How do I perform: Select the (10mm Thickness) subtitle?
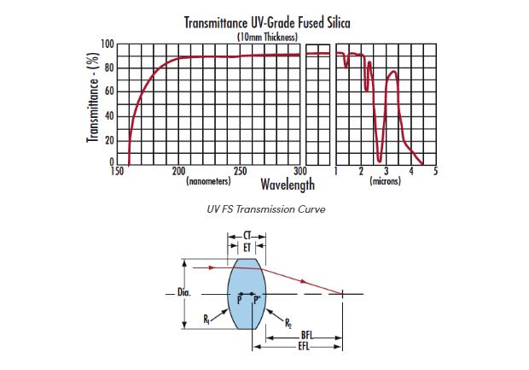coord(267,37)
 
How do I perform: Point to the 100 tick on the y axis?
coord(108,44)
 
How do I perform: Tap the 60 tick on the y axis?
coord(110,91)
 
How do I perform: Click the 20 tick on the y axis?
coord(110,139)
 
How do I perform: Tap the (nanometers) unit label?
coord(207,181)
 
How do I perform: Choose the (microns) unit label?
coord(385,181)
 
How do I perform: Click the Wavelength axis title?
coord(288,184)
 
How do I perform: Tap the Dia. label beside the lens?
coord(183,293)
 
